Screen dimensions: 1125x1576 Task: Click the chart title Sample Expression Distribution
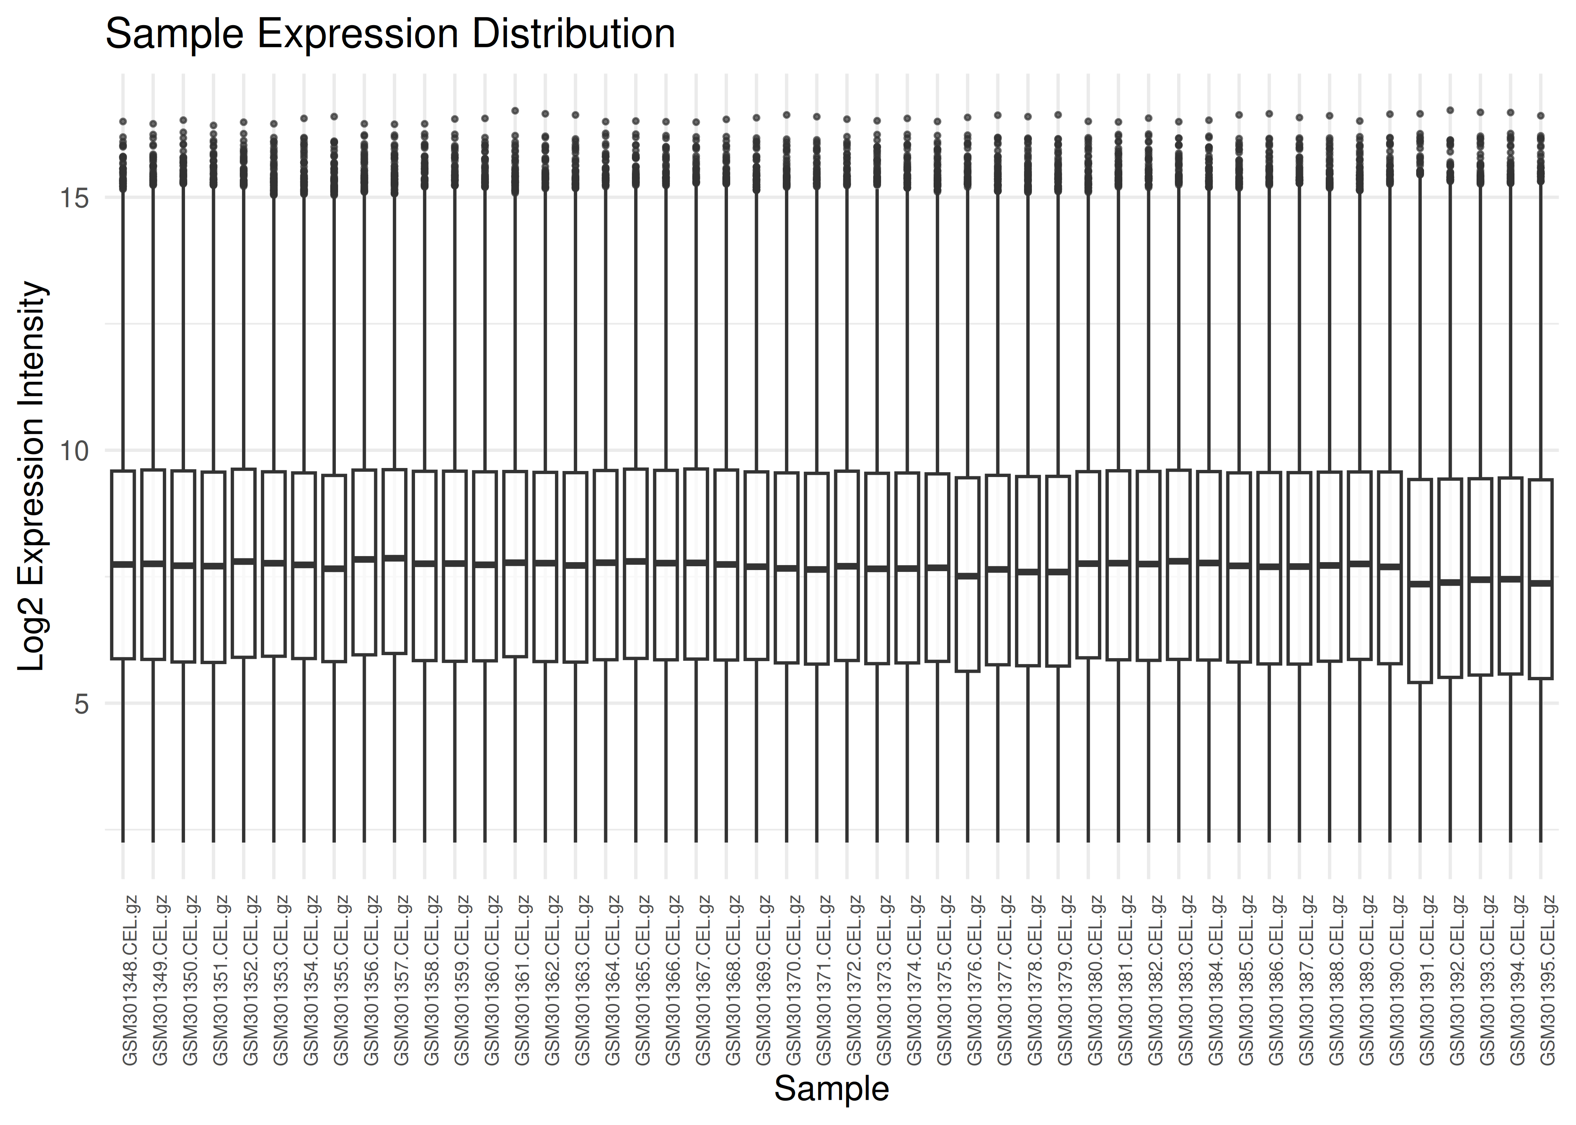[390, 34]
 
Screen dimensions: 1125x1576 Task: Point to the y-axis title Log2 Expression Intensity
[31, 476]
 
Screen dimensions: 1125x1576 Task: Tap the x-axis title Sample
[831, 1088]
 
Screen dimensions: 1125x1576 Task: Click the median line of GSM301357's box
[394, 558]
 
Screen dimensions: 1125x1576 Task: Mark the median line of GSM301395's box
[1541, 583]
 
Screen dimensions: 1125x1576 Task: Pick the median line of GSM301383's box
[1178, 560]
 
